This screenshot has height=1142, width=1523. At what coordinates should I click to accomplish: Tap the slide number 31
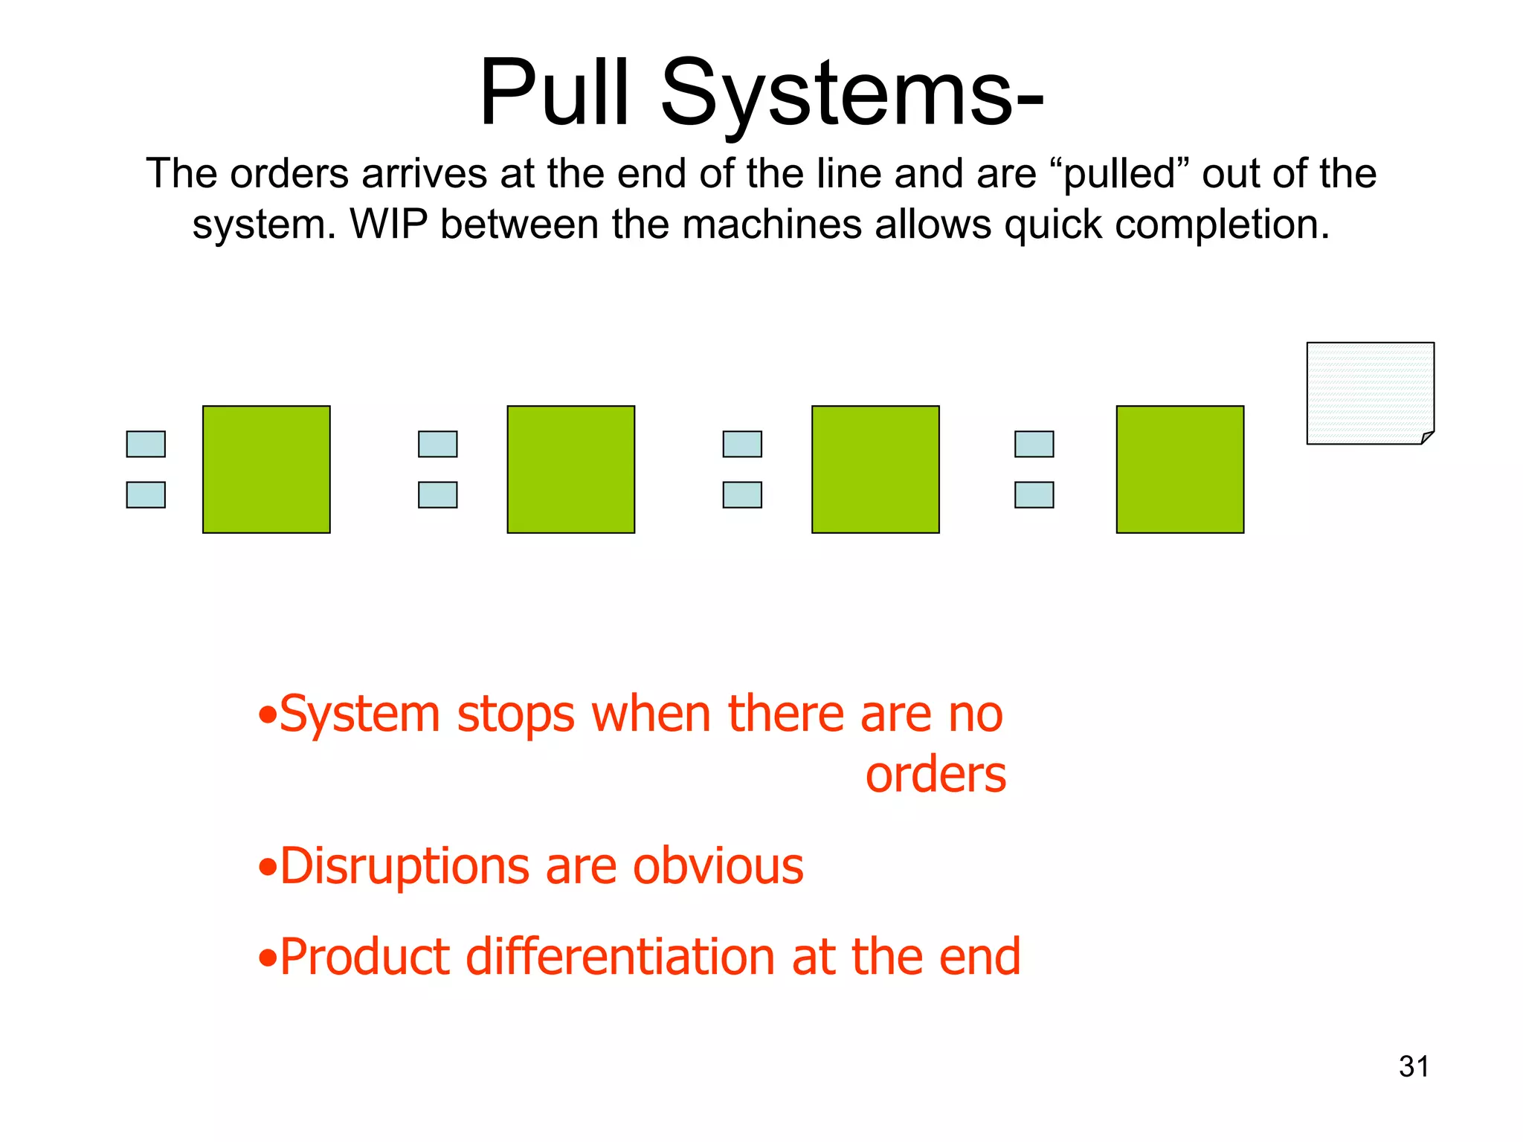(1413, 1067)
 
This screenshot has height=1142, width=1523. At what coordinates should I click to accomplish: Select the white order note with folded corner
(1369, 393)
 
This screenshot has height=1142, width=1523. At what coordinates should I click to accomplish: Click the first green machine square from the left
(266, 469)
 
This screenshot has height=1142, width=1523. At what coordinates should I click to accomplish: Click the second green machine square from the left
(570, 469)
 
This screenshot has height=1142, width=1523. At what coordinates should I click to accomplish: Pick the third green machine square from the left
(875, 469)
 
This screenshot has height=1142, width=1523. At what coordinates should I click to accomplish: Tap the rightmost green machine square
(1179, 469)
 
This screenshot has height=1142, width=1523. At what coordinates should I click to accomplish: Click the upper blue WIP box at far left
(146, 444)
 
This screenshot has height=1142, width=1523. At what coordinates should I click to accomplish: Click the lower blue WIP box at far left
(146, 494)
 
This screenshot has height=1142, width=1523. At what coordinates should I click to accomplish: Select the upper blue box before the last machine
(1034, 444)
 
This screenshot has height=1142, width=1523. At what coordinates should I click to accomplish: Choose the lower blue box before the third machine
(742, 494)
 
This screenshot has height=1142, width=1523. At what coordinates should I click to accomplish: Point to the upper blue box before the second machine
(437, 444)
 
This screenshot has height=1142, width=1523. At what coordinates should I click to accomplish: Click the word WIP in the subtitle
(388, 225)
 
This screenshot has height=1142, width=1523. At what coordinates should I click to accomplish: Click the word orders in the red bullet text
(935, 775)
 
